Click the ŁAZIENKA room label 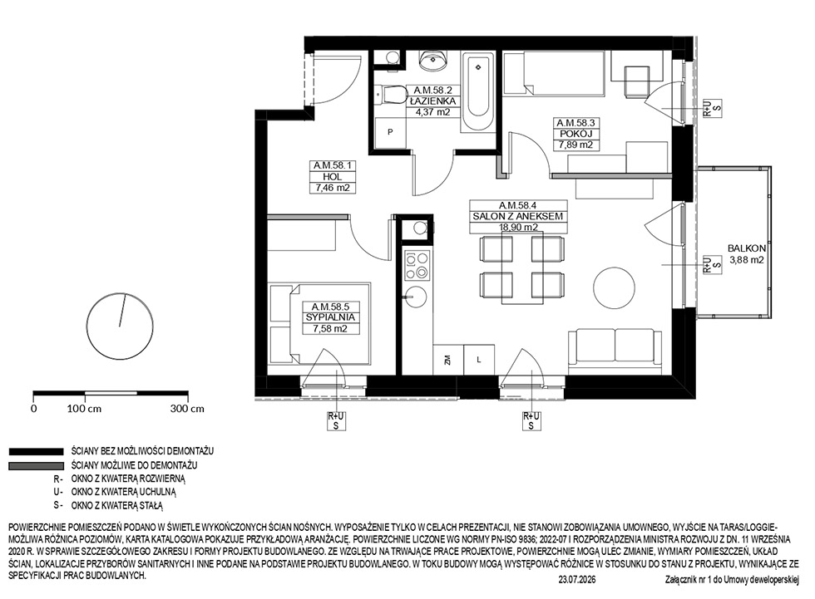(x=432, y=101)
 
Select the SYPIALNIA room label (x=330, y=317)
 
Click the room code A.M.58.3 (x=575, y=123)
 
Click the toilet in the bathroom (x=392, y=96)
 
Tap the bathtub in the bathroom (x=479, y=92)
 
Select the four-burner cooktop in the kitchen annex (x=417, y=265)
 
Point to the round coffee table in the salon (x=614, y=287)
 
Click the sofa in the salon (x=615, y=351)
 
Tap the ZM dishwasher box (x=447, y=360)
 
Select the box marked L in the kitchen (x=479, y=360)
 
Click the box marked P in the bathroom (x=390, y=132)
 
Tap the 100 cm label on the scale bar (x=84, y=409)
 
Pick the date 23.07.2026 (x=576, y=580)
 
